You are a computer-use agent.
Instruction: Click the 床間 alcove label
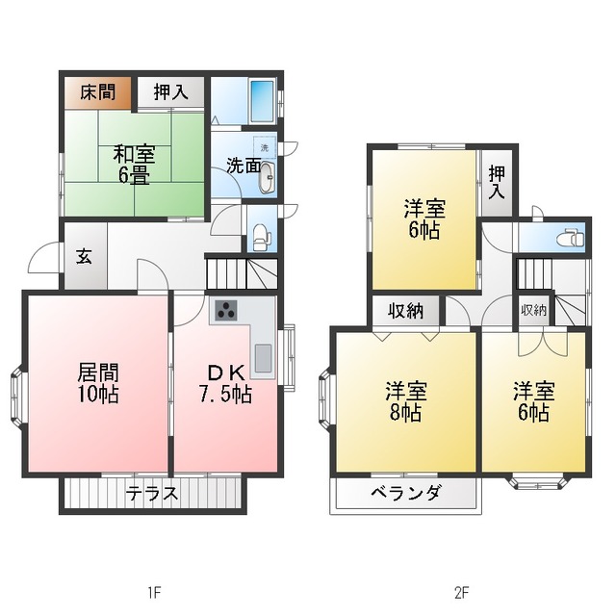[x=98, y=92]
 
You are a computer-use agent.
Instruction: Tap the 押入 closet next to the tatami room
[x=170, y=92]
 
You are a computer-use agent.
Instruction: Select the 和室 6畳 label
[x=135, y=165]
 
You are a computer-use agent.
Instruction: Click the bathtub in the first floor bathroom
[x=262, y=100]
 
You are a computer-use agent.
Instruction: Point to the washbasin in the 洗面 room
[x=267, y=177]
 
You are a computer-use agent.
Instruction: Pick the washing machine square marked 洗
[x=265, y=147]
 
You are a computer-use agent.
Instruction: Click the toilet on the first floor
[x=262, y=237]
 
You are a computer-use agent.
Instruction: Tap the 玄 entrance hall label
[x=84, y=257]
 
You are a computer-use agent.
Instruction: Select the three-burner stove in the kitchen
[x=226, y=310]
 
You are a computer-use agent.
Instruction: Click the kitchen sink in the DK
[x=263, y=358]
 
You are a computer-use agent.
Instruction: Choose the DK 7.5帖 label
[x=225, y=383]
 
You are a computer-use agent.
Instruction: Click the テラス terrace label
[x=152, y=494]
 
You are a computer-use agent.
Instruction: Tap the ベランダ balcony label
[x=406, y=492]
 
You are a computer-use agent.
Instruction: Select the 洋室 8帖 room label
[x=406, y=400]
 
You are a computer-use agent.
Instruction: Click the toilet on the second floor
[x=572, y=238]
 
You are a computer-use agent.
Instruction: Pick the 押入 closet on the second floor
[x=497, y=183]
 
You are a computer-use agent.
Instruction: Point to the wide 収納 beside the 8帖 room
[x=406, y=311]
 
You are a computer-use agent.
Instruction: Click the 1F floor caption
[x=154, y=592]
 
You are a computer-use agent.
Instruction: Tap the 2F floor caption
[x=462, y=592]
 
